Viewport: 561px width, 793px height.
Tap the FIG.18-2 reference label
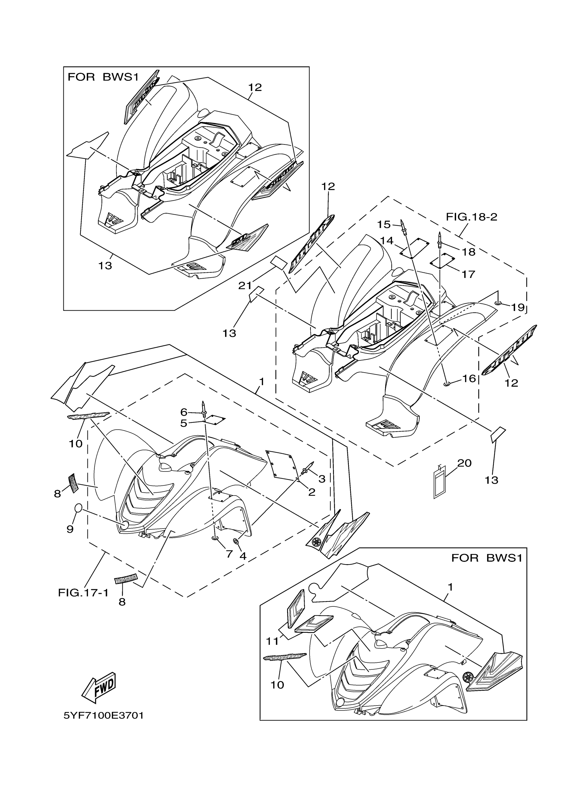coord(472,217)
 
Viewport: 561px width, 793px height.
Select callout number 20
coord(464,463)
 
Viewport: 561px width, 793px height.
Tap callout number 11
coord(272,641)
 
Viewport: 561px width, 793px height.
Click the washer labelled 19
coord(498,303)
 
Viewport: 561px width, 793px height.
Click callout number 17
coord(469,274)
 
